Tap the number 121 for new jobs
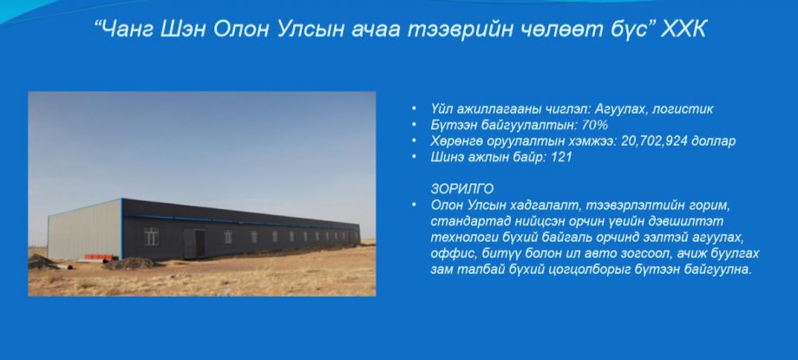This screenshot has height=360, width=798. point(561,157)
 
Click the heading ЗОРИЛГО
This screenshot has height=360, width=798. point(461,189)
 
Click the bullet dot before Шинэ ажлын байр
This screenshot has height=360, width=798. point(414,157)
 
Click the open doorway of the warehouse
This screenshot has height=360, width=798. point(200,243)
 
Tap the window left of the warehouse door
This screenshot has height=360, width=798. point(151,236)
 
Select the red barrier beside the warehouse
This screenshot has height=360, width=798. point(101,257)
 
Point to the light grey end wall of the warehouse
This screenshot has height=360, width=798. point(84,230)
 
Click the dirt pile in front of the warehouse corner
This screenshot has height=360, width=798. point(131,263)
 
